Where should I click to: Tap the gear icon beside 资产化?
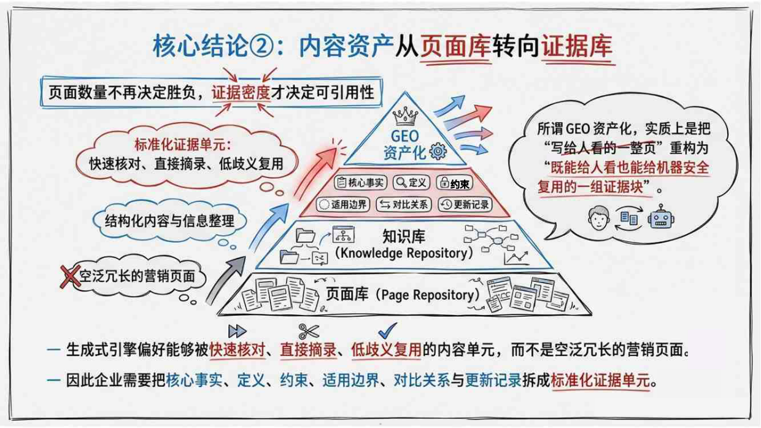[438, 151]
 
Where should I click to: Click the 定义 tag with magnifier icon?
[411, 182]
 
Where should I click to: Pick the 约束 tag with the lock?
[455, 183]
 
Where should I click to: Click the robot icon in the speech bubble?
[661, 217]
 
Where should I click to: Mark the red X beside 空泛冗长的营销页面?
[71, 276]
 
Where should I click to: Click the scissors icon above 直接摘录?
[308, 332]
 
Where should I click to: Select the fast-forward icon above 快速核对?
[237, 332]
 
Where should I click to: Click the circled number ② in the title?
[269, 47]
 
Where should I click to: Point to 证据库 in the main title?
[576, 47]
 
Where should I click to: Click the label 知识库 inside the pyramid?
[403, 236]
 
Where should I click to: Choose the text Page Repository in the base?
[428, 295]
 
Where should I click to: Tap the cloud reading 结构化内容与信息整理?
[170, 220]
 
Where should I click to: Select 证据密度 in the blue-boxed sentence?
[241, 92]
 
